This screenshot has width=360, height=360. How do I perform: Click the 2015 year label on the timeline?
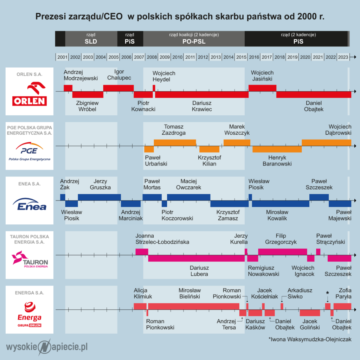[241, 57]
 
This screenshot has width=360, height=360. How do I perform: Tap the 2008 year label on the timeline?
[152, 57]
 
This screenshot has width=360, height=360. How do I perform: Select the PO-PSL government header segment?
[194, 39]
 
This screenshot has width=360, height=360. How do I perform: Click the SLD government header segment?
[91, 39]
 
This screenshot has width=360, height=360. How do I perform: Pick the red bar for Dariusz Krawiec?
[202, 95]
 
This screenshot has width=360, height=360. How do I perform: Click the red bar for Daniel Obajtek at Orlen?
[314, 95]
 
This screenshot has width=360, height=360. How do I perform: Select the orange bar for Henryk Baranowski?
[277, 149]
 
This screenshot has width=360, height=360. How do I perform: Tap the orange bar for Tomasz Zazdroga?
[175, 143]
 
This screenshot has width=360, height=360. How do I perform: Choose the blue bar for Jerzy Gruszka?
[99, 197]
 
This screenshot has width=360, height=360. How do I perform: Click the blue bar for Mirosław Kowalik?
[281, 204]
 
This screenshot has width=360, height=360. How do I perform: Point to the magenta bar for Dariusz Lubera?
[196, 258]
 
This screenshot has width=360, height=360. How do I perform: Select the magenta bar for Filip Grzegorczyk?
[283, 252]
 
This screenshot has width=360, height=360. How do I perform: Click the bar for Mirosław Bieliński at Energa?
[194, 306]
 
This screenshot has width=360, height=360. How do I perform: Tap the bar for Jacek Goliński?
[310, 313]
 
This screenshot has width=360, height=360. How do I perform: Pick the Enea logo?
[30, 204]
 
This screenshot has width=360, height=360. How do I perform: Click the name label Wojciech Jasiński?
[262, 76]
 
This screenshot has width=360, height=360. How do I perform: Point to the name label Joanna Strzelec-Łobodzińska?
[162, 239]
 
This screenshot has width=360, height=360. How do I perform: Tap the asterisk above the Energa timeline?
[327, 293]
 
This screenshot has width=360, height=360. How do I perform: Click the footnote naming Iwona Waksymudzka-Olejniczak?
[310, 339]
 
